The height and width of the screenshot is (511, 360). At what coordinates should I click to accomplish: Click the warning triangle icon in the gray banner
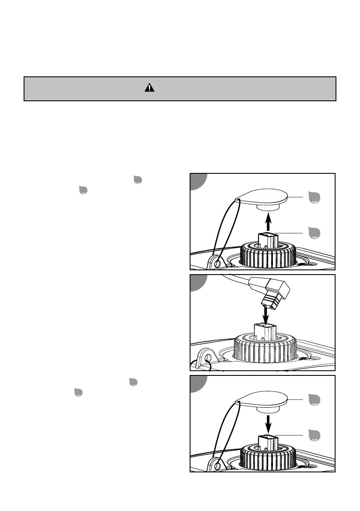click(148, 88)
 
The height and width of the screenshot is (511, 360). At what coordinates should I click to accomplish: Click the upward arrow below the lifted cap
click(268, 223)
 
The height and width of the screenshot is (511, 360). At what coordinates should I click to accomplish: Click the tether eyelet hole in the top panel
click(218, 261)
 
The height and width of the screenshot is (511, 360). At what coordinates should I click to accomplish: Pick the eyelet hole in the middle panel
click(208, 357)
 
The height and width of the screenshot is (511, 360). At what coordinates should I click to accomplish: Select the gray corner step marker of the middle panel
click(197, 282)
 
